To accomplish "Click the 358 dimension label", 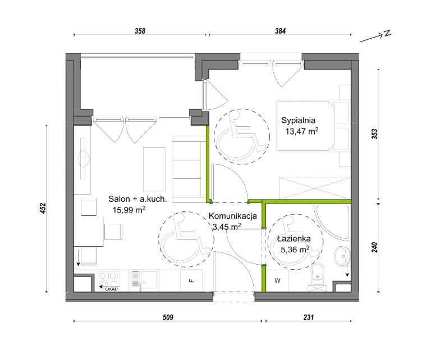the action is [x=140, y=31].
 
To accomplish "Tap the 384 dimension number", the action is [x=281, y=31].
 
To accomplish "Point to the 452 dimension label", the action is [x=43, y=209].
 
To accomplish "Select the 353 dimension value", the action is [x=375, y=134].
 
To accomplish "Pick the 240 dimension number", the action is [x=375, y=247].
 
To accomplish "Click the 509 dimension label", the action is [x=168, y=317].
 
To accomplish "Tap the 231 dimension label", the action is [x=309, y=317].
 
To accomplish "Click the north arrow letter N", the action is [x=387, y=33].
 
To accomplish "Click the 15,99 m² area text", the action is [x=129, y=210].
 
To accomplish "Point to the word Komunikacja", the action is [x=233, y=216].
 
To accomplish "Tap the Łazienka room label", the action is [x=294, y=238].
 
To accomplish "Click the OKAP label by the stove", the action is [x=111, y=289].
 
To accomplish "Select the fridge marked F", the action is [x=191, y=280].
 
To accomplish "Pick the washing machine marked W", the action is [x=278, y=280].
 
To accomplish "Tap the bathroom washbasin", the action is [x=342, y=256].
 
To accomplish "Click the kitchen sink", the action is [x=144, y=280].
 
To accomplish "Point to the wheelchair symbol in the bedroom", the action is [x=242, y=137].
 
